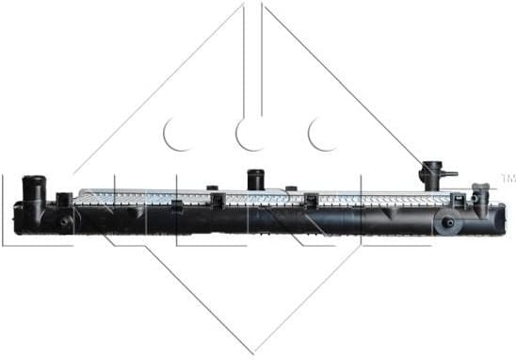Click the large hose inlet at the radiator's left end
point(34,188)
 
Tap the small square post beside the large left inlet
point(63,199)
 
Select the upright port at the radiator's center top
point(254,179)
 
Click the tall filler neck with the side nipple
point(432,177)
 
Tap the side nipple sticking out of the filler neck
point(450,173)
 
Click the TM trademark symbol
point(507,177)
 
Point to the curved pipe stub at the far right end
point(480,196)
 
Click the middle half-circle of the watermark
point(250,135)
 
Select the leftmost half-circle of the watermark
point(177,135)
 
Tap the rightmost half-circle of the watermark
point(323,135)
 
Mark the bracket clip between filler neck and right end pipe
point(459,202)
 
